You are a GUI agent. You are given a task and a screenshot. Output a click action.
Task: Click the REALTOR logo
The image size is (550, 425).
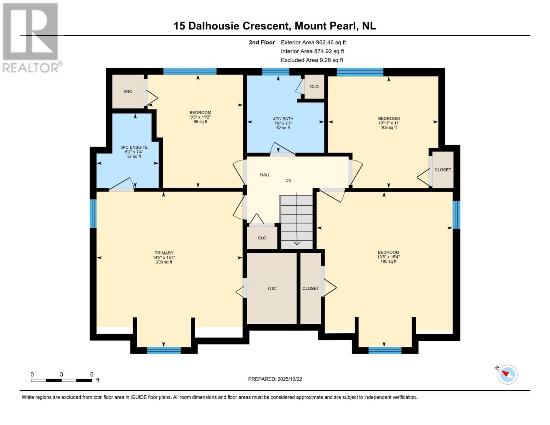(x=31, y=37)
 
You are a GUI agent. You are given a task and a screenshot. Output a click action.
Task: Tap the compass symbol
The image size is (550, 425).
(x=508, y=374)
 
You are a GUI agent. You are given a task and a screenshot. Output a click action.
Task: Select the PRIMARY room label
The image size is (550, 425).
(x=164, y=257)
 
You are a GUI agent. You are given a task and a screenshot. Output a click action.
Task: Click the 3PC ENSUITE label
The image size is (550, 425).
(x=134, y=152)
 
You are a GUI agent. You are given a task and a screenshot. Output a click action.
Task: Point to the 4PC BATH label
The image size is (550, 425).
(x=283, y=123)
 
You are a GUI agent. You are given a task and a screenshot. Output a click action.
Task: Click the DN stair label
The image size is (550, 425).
(x=288, y=180)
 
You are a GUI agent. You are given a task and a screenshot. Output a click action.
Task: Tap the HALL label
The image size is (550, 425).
(x=265, y=175)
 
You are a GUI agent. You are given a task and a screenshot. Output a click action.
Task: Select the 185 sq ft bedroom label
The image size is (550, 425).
(x=389, y=257)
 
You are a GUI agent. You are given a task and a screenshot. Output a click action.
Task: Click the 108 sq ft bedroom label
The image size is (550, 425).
(x=389, y=123)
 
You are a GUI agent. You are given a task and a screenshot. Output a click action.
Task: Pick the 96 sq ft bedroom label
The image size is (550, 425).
(x=200, y=117)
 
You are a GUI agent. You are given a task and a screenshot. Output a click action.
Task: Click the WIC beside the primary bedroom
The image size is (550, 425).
(x=271, y=288)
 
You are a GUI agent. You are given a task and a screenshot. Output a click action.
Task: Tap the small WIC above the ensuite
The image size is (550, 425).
(x=128, y=91)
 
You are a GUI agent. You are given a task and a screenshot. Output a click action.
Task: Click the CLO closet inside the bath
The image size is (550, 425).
(x=314, y=86)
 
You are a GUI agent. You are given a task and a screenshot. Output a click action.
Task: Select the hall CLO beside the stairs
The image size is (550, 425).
(x=262, y=238)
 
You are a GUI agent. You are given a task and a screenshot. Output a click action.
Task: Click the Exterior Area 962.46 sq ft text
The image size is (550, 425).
(x=313, y=42)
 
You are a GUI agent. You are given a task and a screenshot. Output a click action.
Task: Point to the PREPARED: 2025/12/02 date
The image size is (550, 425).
(x=275, y=379)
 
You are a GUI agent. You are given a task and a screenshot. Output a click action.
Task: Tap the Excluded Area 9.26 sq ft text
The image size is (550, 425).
(x=312, y=60)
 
